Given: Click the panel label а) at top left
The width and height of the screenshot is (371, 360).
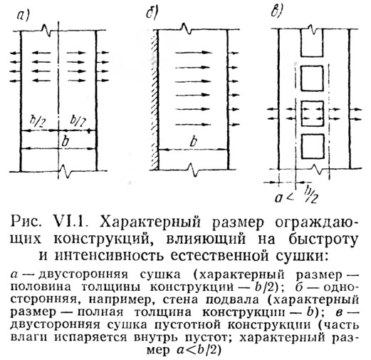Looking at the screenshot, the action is (23, 16).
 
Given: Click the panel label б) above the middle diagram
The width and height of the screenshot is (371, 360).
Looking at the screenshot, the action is (152, 14).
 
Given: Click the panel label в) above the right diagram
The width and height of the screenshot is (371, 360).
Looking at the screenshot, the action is (276, 12).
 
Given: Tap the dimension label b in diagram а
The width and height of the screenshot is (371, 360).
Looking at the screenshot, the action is (65, 142).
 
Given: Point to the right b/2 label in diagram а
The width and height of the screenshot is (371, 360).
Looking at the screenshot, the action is (78, 121).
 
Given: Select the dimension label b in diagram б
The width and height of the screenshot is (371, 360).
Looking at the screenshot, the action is (194, 142).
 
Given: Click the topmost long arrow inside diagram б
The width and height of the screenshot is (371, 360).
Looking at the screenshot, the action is (194, 52).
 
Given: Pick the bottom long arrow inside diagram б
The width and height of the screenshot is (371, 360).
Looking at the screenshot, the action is (193, 124).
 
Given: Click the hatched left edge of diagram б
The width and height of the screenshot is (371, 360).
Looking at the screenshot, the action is (155, 100).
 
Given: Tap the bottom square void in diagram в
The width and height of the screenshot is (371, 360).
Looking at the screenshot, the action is (313, 146).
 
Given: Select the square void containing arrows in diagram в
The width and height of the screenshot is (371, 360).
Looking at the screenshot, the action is (313, 113).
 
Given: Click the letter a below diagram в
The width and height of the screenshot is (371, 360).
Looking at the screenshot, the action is (278, 197).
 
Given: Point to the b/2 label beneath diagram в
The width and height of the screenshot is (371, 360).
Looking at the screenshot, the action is (311, 194).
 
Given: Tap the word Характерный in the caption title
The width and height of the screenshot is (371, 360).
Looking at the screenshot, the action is (150, 223).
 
